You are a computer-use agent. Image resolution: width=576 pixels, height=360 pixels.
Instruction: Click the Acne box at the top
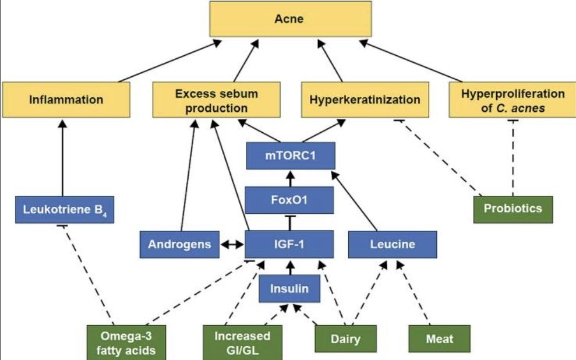(x=289, y=20)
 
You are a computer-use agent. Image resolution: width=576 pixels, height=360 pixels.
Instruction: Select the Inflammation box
(x=66, y=100)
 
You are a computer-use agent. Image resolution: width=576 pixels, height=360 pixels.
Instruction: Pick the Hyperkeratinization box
(x=365, y=100)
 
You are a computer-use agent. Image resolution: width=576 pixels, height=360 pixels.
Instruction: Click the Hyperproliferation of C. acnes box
(x=513, y=100)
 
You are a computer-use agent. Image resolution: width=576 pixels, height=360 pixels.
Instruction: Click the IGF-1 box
(x=289, y=245)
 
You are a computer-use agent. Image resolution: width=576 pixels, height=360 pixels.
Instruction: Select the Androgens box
(x=179, y=245)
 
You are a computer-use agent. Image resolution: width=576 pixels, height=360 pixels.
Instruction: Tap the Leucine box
(x=393, y=245)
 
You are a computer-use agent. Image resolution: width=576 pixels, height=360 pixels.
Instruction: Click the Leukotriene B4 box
(x=64, y=209)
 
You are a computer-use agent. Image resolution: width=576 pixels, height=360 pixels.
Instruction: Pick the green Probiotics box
(x=513, y=209)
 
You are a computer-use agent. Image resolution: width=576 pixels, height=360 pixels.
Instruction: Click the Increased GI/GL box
(x=242, y=343)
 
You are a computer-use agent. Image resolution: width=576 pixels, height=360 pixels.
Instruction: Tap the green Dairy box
(x=345, y=338)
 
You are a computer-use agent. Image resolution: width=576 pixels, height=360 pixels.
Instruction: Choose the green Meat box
(x=439, y=338)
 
